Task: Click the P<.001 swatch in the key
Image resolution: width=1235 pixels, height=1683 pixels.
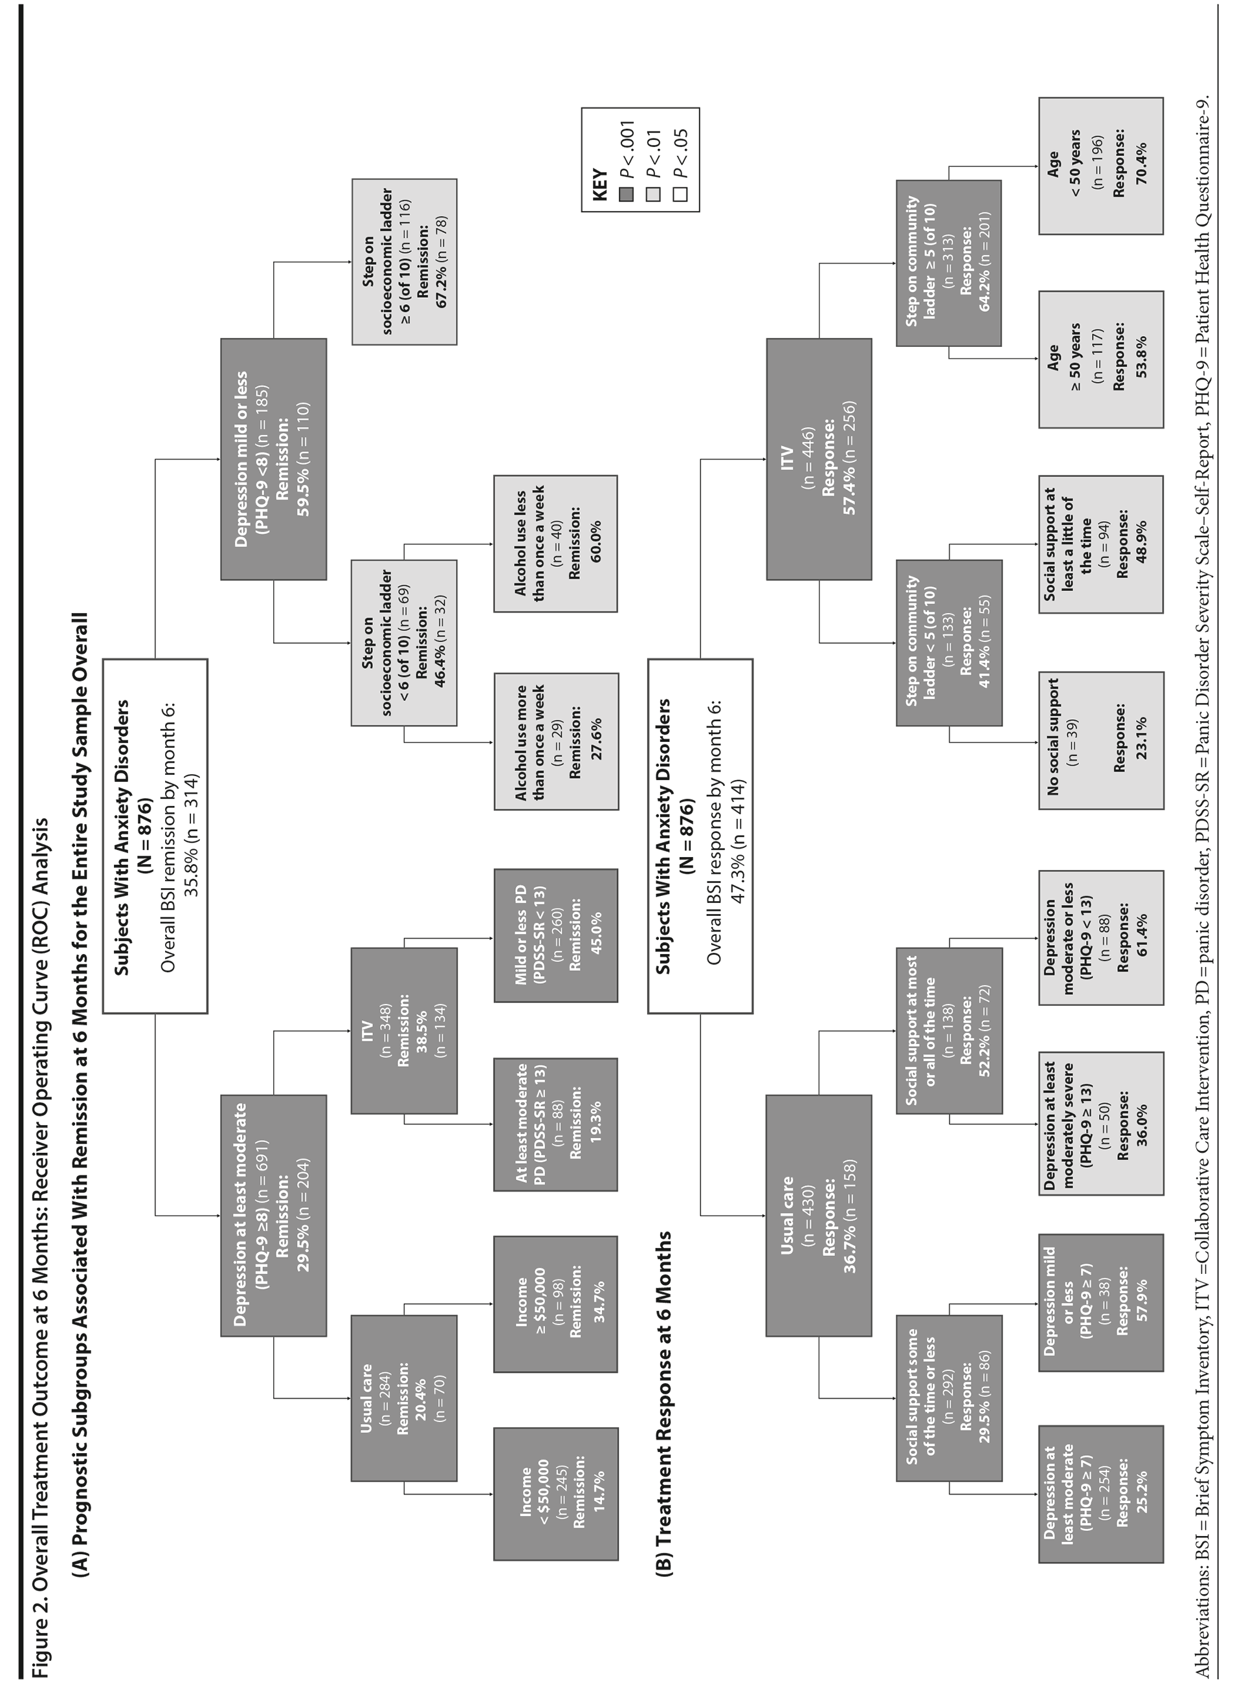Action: (x=627, y=194)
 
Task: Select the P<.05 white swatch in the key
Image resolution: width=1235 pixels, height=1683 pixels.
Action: (x=680, y=194)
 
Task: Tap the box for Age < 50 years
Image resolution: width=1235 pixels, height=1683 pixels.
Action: (x=1100, y=165)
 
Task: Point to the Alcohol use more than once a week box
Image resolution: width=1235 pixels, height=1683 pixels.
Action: (x=555, y=741)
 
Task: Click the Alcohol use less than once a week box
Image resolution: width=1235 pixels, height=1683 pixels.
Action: (x=555, y=544)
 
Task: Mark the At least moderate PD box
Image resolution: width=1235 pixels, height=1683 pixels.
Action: (x=555, y=1124)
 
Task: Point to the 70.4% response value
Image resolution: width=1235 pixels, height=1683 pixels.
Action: (x=1140, y=165)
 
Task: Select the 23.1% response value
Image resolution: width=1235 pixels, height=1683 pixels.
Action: (x=1140, y=740)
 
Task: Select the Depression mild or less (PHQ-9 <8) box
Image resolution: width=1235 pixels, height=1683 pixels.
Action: (x=273, y=458)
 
